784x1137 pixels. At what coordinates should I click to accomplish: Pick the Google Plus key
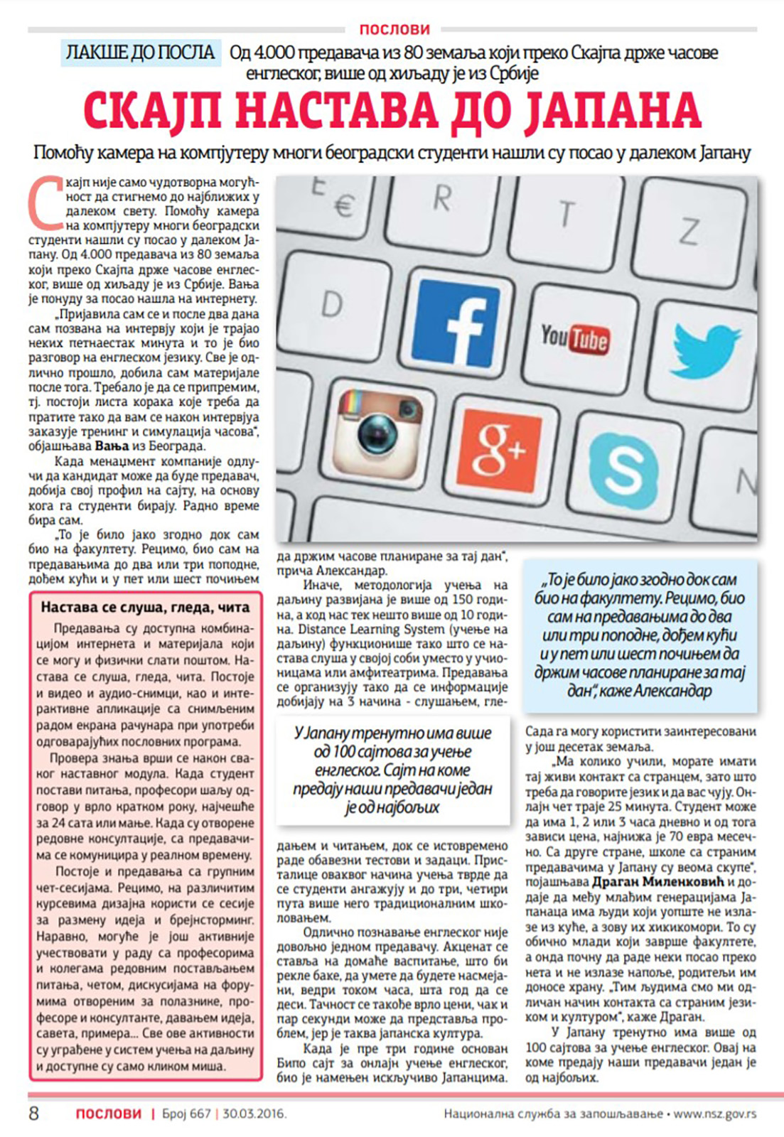coord(499,448)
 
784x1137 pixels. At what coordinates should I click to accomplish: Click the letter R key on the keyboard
coord(442,198)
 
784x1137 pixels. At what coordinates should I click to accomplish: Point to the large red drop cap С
coord(42,202)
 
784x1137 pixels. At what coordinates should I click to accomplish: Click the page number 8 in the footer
coord(33,1113)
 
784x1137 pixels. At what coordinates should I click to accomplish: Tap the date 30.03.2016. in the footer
coord(254,1114)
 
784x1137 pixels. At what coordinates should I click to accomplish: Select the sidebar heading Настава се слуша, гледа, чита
coord(145,608)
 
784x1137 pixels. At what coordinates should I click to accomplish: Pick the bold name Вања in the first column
coord(112,446)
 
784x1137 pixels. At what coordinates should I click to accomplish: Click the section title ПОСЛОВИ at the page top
coord(394,29)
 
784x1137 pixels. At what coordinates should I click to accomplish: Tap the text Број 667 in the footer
coord(186,1114)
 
